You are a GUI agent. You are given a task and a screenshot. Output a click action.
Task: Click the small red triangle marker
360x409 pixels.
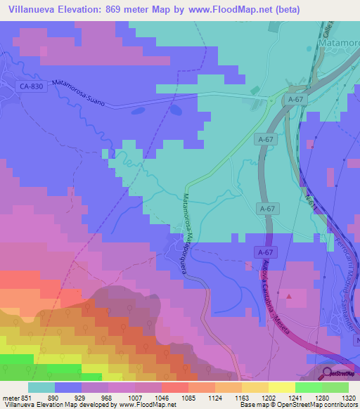click(288, 297)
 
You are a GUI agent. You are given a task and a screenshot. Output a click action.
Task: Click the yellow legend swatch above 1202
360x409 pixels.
click(255, 387)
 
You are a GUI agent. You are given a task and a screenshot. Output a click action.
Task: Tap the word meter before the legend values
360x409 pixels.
click(10, 398)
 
